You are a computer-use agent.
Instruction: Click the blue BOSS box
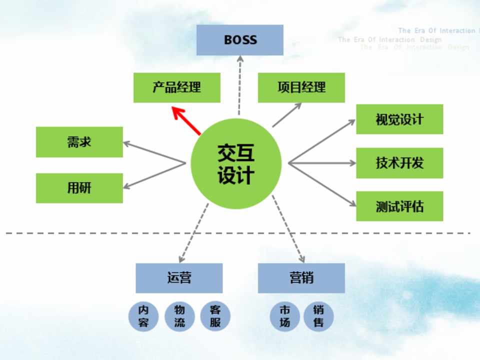[239, 40]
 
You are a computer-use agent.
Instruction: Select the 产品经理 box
[176, 87]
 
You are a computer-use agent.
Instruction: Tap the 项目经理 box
[301, 87]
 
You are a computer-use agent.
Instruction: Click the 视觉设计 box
[399, 119]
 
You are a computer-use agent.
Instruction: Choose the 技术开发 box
[399, 163]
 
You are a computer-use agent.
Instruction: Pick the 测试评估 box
[399, 206]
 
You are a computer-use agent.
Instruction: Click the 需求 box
[79, 142]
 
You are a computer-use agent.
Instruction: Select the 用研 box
[79, 188]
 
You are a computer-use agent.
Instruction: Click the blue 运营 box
[179, 278]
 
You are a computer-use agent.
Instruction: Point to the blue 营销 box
[301, 278]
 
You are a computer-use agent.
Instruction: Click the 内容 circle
[143, 316]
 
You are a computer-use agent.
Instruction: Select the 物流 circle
[179, 316]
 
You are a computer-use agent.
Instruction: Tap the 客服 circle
[215, 316]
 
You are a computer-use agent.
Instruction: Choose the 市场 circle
[284, 316]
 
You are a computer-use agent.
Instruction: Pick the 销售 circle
[318, 316]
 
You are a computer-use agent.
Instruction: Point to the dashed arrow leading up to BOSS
[240, 85]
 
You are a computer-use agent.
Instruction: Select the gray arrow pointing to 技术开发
[322, 163]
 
